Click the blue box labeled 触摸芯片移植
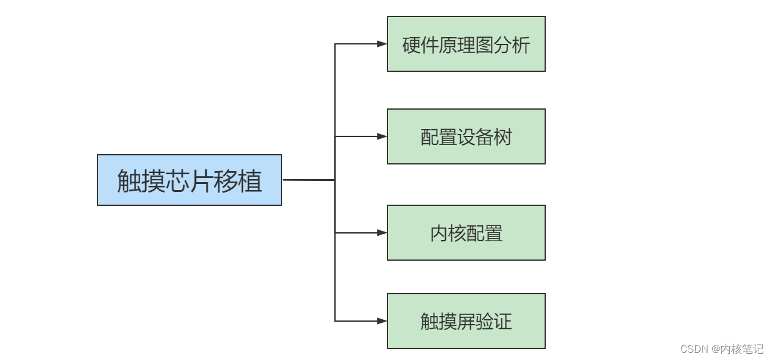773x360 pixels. coord(189,180)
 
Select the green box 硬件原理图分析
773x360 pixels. coord(466,44)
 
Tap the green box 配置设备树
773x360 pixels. coord(466,136)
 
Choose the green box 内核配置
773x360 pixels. coord(466,233)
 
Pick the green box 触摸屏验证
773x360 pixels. coord(466,321)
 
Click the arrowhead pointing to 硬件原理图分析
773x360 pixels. coord(382,44)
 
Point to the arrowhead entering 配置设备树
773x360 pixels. coord(382,136)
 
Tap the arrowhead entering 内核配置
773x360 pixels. coord(382,233)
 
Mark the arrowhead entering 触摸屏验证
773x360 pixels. coord(382,321)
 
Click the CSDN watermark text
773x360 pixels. coord(722,349)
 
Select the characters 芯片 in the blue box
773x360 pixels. coord(189,180)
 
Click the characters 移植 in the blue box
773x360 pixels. coord(238,180)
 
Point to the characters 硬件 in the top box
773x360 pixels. coord(420,45)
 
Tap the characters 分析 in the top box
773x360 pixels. coord(512,45)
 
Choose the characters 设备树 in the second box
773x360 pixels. coord(484,137)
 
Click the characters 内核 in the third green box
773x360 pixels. coord(448,234)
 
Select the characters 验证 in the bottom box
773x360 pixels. coord(493,322)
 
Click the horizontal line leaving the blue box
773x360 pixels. coord(308,180)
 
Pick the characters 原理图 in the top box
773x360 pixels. coord(466,45)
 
